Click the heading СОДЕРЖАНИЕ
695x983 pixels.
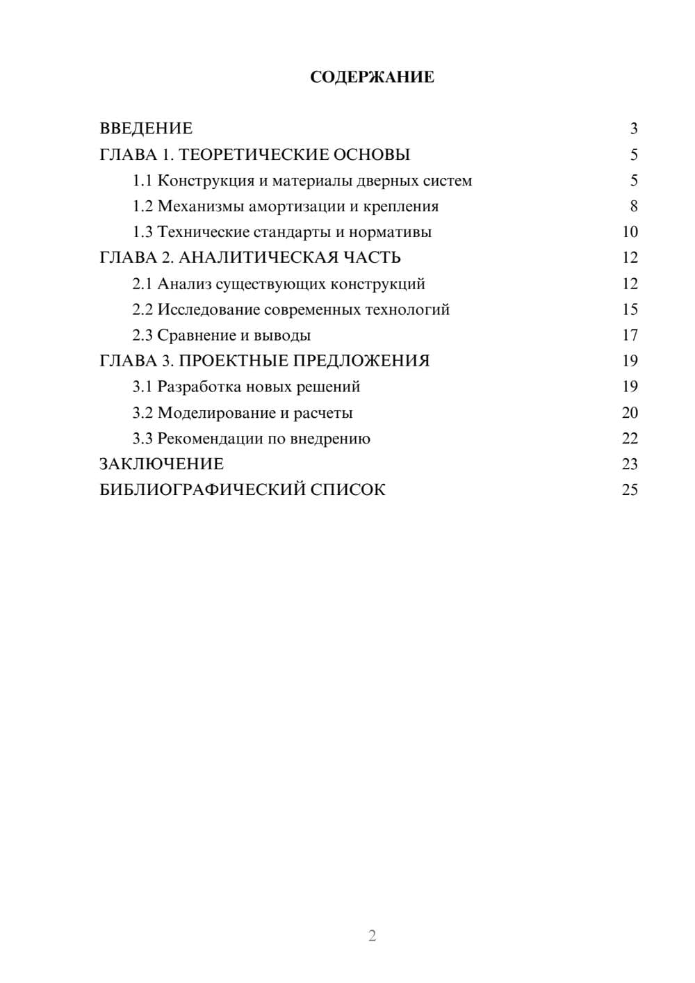[x=372, y=77]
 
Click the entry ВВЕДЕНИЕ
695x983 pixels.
[x=146, y=129]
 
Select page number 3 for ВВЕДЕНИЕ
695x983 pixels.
[x=633, y=129]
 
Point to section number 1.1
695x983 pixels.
[x=142, y=181]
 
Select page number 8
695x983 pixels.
[x=633, y=206]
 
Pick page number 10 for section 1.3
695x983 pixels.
[x=630, y=232]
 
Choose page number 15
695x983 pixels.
[x=630, y=309]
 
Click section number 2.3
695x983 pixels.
[x=142, y=336]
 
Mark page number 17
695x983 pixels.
[x=630, y=336]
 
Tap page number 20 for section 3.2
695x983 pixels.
[x=630, y=413]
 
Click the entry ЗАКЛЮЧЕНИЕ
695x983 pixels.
[x=161, y=464]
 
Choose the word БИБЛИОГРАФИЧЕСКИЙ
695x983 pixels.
[x=202, y=490]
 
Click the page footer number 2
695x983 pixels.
[x=372, y=936]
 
